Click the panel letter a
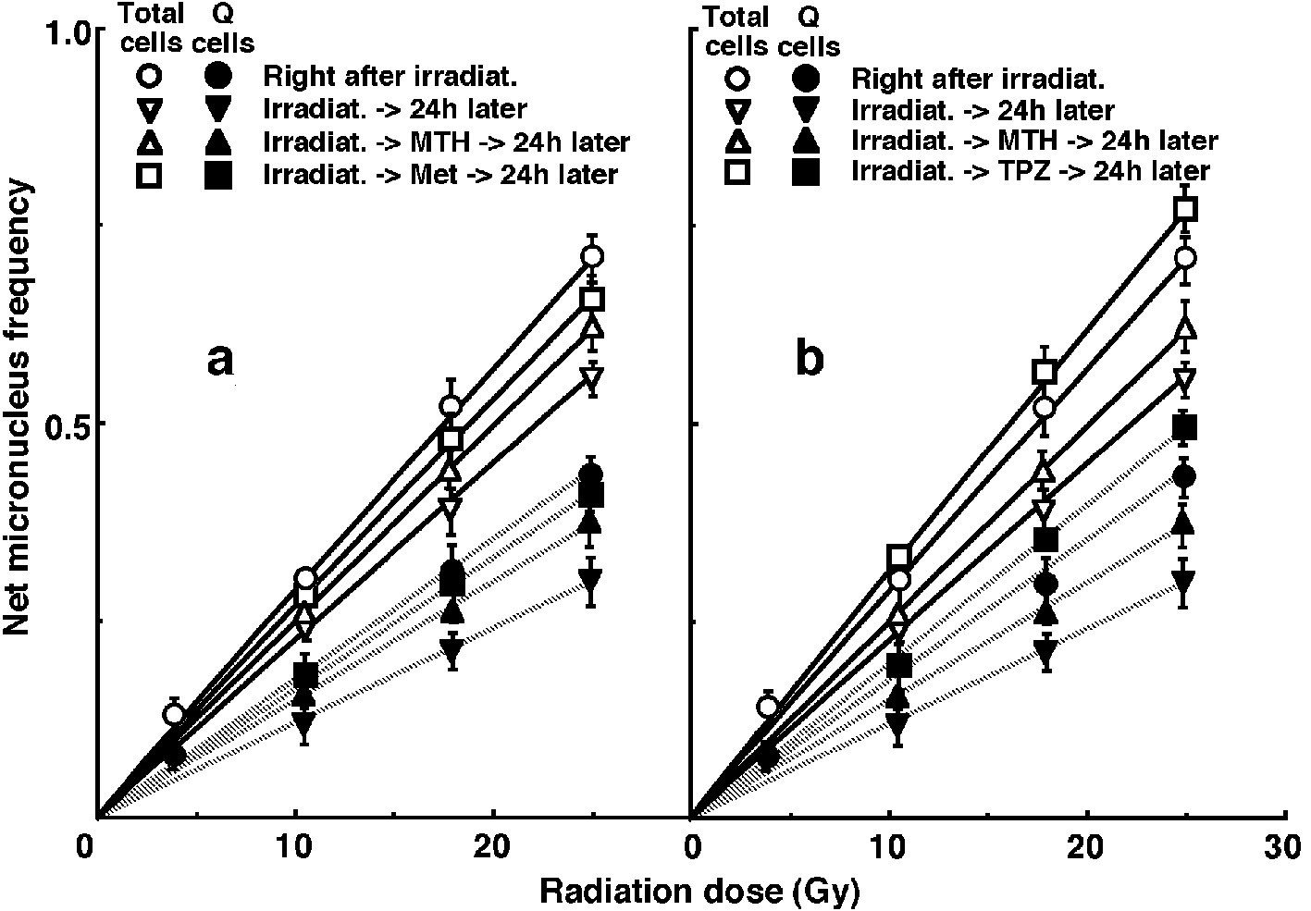(x=220, y=361)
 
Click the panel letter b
(x=810, y=361)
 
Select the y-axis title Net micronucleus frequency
(x=20, y=407)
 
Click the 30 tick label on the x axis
(x=1283, y=847)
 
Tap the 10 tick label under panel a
(x=295, y=847)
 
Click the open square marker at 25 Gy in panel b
(x=1185, y=209)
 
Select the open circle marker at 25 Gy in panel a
(x=593, y=256)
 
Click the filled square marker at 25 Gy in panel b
(x=1185, y=426)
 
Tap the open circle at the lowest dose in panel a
(x=174, y=714)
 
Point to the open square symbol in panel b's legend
(x=740, y=173)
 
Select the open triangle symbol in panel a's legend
(x=150, y=141)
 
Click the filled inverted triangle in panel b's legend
(x=806, y=110)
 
